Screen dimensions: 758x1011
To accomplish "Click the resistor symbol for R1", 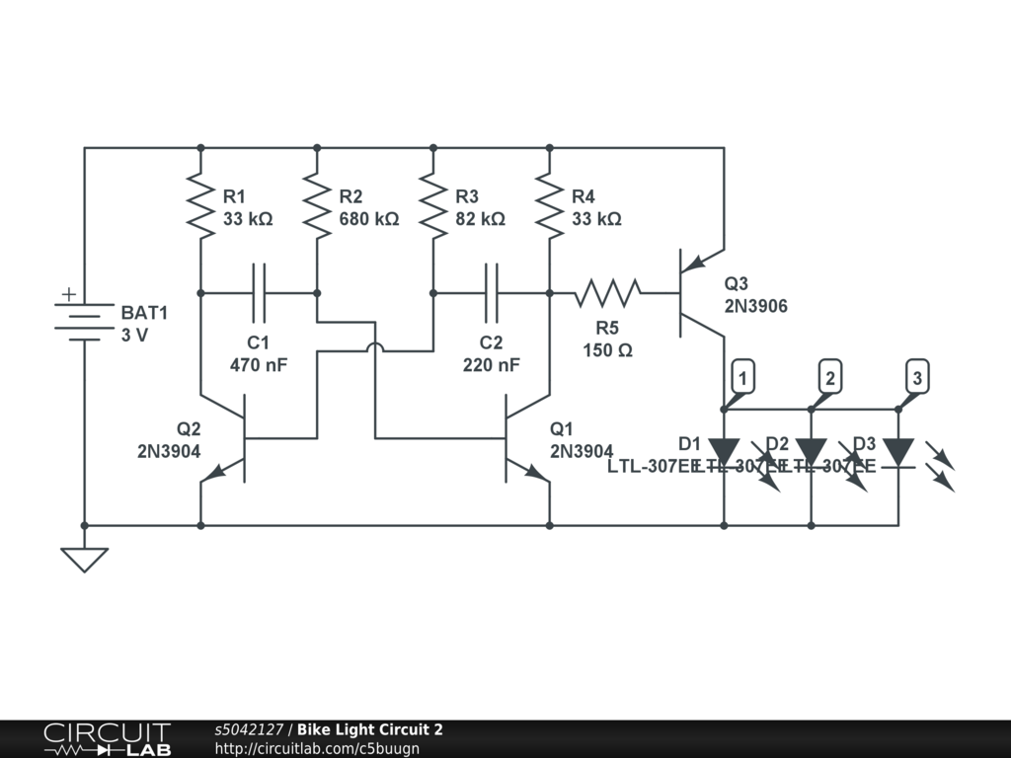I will pyautogui.click(x=200, y=205).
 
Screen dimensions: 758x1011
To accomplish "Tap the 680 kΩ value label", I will pyautogui.click(x=368, y=219).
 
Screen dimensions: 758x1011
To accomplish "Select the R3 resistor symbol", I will pyautogui.click(x=433, y=205).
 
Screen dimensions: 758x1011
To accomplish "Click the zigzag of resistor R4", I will pyautogui.click(x=550, y=205).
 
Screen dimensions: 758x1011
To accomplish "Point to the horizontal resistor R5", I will pyautogui.click(x=608, y=292).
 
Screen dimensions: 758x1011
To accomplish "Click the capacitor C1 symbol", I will pyautogui.click(x=259, y=292).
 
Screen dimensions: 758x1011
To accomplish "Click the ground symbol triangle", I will pyautogui.click(x=84, y=559).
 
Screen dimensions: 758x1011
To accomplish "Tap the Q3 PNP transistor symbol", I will pyautogui.click(x=696, y=292).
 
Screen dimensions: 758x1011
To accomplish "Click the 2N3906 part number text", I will pyautogui.click(x=755, y=306).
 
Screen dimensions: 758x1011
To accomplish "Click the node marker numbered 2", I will pyautogui.click(x=831, y=378).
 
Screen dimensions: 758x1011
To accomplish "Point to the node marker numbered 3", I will pyautogui.click(x=917, y=378).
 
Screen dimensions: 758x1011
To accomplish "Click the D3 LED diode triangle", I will pyautogui.click(x=897, y=452).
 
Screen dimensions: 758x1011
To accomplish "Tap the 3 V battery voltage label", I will pyautogui.click(x=134, y=336).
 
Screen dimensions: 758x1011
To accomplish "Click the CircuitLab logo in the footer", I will pyautogui.click(x=107, y=739).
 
